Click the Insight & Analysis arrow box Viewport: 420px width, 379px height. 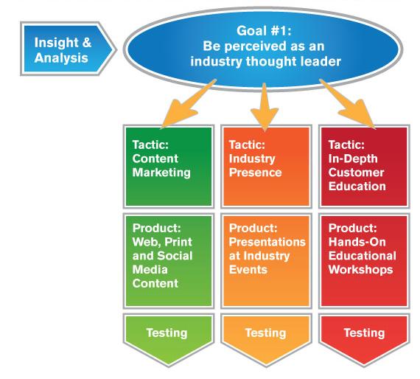[67, 49]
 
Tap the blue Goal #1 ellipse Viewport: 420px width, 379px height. [263, 49]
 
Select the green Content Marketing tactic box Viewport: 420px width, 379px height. [169, 167]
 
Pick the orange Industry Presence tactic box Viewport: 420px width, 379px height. [266, 167]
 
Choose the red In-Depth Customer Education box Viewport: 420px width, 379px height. [364, 167]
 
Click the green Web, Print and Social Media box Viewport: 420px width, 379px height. [169, 261]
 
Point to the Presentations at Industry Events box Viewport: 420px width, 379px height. [266, 261]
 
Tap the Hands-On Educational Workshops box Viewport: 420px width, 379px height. [364, 261]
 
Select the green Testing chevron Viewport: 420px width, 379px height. [169, 339]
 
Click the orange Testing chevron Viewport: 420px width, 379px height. [266, 339]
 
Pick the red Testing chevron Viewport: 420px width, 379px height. [364, 339]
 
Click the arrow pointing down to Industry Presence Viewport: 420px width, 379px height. [265, 107]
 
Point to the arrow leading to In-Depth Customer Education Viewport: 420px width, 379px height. [349, 104]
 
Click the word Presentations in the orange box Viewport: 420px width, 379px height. [267, 243]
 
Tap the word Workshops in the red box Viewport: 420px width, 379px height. [361, 270]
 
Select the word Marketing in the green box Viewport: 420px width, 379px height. [161, 173]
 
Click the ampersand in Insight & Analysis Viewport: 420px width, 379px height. [87, 43]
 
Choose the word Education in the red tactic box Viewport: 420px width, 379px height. [357, 187]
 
